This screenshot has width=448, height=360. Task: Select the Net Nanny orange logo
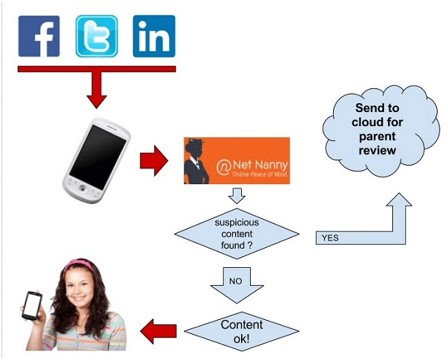coord(236,160)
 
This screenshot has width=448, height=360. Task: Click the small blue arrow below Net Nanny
coord(236,197)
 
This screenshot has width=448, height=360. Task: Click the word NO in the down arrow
coord(237,282)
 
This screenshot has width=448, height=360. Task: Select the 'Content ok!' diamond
coord(237,330)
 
